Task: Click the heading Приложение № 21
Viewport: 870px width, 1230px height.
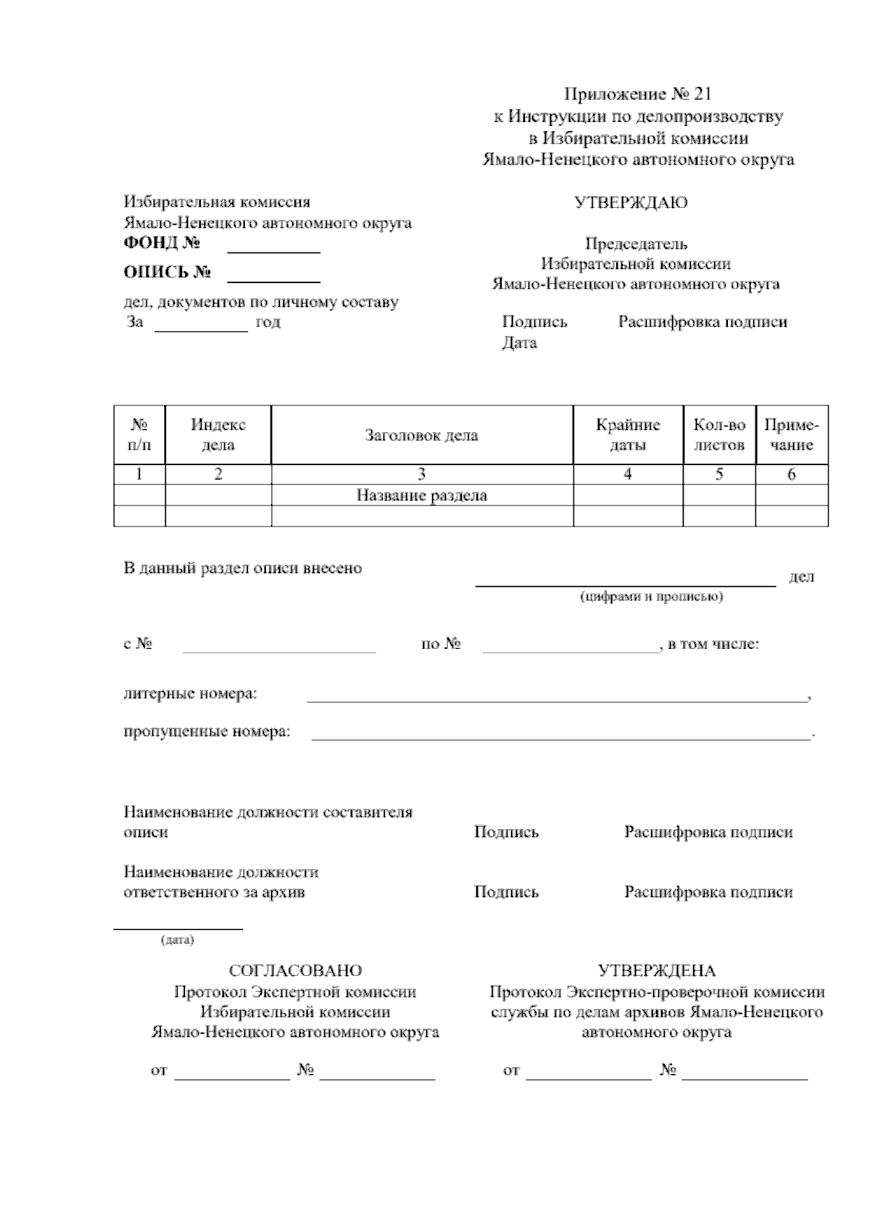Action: (638, 94)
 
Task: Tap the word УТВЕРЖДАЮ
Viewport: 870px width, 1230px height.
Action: (631, 203)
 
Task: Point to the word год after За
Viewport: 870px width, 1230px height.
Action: (268, 322)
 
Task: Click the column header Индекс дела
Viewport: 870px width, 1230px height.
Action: (218, 434)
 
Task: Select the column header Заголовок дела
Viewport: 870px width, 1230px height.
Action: (421, 435)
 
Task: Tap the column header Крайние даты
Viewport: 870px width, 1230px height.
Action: (628, 434)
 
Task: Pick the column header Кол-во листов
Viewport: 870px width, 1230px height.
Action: (719, 434)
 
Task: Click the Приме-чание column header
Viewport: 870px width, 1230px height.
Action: (792, 434)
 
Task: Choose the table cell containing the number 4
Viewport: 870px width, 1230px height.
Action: (628, 474)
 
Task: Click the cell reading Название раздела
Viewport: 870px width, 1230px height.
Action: (421, 495)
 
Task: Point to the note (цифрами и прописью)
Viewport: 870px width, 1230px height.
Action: (651, 596)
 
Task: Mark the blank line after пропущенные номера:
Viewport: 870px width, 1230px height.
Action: (560, 737)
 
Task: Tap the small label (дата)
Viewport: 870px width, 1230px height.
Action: (178, 941)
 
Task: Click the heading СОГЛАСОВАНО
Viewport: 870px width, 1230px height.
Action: (295, 970)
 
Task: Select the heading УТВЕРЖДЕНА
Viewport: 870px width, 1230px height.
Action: (657, 970)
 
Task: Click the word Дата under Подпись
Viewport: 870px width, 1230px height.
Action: (519, 342)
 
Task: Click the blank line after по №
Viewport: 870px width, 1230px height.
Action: (570, 651)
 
